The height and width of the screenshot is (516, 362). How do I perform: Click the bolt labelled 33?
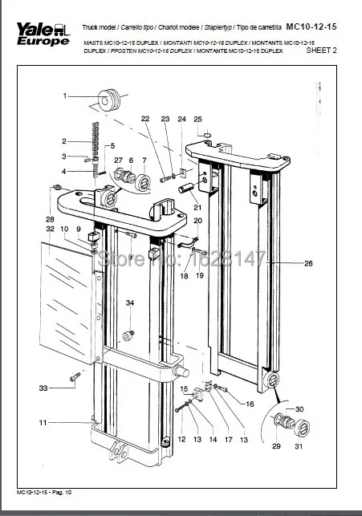(x=74, y=376)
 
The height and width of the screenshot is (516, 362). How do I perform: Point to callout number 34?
(x=129, y=303)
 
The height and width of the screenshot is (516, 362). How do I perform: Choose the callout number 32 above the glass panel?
(x=50, y=230)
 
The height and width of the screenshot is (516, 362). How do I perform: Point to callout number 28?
(x=50, y=219)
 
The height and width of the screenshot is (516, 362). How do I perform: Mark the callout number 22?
(x=145, y=119)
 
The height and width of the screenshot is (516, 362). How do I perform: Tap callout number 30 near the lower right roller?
(x=299, y=409)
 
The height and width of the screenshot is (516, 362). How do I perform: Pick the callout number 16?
(x=250, y=404)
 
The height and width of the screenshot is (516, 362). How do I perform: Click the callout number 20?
(x=197, y=221)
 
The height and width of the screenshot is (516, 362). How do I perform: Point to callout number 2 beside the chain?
(x=64, y=142)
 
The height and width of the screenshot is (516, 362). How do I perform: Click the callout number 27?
(x=117, y=160)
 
